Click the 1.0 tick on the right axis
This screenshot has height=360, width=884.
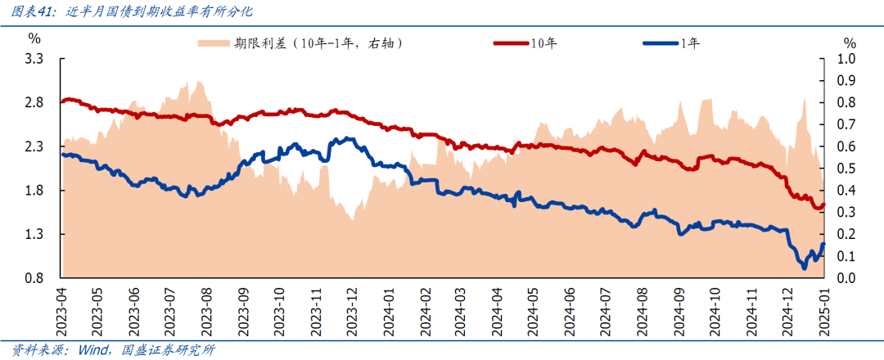[x=845, y=59]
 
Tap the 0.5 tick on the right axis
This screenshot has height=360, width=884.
[x=845, y=169]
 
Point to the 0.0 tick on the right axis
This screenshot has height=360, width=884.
[x=845, y=279]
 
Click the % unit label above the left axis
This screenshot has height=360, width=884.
[x=34, y=38]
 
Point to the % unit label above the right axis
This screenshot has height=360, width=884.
[x=850, y=43]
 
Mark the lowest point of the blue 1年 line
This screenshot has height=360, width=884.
[x=804, y=267]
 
